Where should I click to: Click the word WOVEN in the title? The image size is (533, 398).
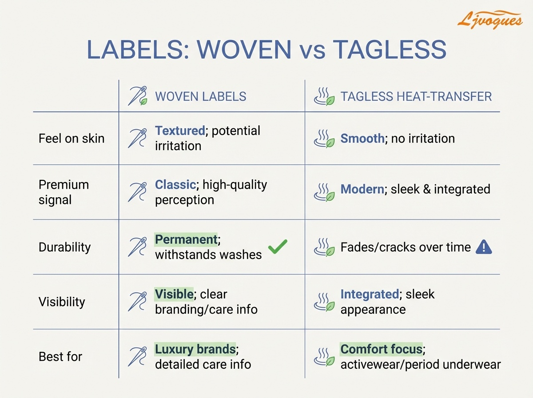click(244, 50)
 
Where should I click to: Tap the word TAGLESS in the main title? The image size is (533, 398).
click(390, 50)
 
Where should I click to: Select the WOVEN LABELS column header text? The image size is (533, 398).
click(201, 96)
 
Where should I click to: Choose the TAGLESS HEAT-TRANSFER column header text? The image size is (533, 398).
click(416, 96)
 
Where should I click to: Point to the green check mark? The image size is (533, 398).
click(278, 247)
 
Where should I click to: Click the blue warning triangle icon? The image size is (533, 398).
click(484, 247)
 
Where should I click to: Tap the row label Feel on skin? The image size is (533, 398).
click(72, 139)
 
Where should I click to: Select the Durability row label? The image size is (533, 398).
click(64, 247)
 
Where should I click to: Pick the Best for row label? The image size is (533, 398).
click(60, 357)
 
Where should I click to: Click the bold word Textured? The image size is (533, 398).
click(180, 131)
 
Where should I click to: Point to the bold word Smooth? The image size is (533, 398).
click(362, 139)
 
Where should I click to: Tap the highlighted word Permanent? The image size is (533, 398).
click(186, 240)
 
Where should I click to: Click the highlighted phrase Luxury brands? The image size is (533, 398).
click(195, 349)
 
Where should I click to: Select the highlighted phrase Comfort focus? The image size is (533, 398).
click(382, 349)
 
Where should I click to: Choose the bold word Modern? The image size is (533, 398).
click(362, 189)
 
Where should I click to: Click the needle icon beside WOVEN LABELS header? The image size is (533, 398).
click(137, 96)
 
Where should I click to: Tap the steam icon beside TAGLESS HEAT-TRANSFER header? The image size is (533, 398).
click(324, 96)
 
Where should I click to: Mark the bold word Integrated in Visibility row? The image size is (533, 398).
click(370, 295)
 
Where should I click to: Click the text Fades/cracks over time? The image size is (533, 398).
click(406, 247)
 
